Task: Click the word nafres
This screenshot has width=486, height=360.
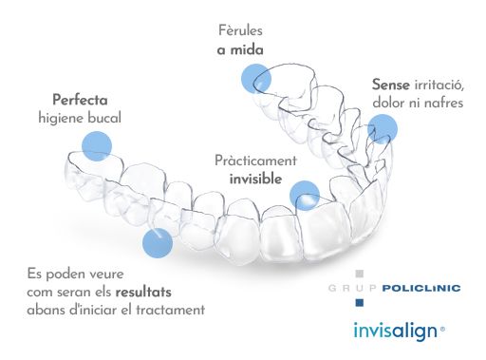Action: tap(442, 102)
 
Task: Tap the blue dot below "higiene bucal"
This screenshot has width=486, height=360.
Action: tap(96, 146)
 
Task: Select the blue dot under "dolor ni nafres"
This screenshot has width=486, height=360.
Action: tap(383, 128)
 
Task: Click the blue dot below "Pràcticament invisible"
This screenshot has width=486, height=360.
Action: tap(305, 196)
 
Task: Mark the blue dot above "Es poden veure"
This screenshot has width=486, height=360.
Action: tap(158, 242)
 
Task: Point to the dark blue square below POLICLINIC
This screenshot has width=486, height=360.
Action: tap(358, 302)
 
